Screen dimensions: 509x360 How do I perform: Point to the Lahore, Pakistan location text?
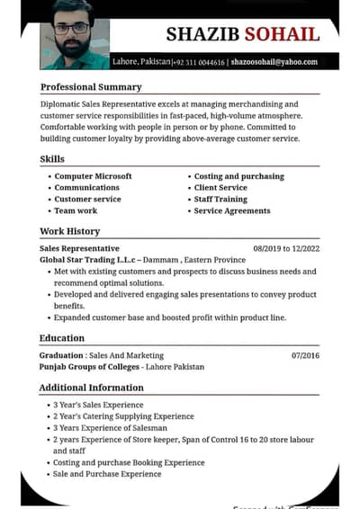click(x=141, y=61)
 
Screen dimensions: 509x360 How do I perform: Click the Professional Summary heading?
click(x=91, y=87)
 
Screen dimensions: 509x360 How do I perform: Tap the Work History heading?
click(x=69, y=231)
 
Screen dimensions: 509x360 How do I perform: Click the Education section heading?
click(x=62, y=338)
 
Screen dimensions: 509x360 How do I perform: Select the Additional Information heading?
click(x=92, y=388)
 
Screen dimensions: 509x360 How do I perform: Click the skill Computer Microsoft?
click(x=93, y=176)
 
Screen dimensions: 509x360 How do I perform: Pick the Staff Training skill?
click(x=220, y=199)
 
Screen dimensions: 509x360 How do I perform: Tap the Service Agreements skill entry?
click(x=232, y=210)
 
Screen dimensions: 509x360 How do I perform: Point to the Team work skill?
click(x=76, y=210)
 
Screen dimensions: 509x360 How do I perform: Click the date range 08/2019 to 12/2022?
click(x=286, y=247)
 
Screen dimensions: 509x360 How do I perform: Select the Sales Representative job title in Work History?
click(x=79, y=247)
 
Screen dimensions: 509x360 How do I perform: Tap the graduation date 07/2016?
click(x=305, y=355)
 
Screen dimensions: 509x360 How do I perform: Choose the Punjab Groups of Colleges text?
click(x=89, y=367)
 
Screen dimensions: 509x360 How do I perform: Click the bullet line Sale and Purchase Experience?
click(x=107, y=474)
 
